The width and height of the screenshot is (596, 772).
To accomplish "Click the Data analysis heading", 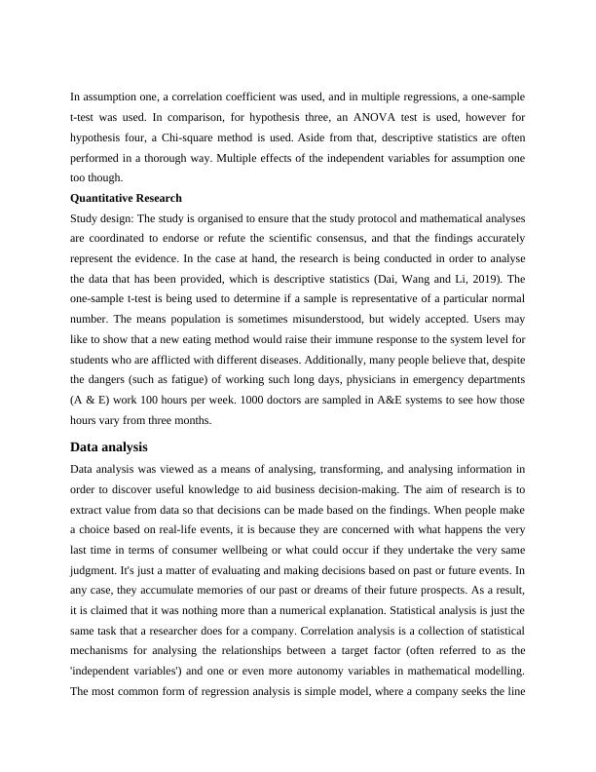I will (109, 447).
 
